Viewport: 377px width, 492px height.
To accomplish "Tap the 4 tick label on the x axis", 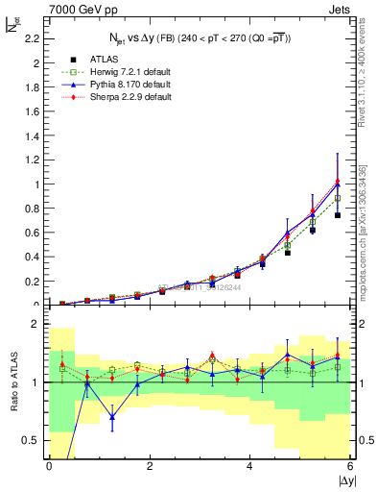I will pyautogui.click(x=249, y=466).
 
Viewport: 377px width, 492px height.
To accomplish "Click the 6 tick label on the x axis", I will pyautogui.click(x=350, y=466).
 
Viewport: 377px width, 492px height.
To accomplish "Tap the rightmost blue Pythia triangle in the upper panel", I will pyautogui.click(x=338, y=183).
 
